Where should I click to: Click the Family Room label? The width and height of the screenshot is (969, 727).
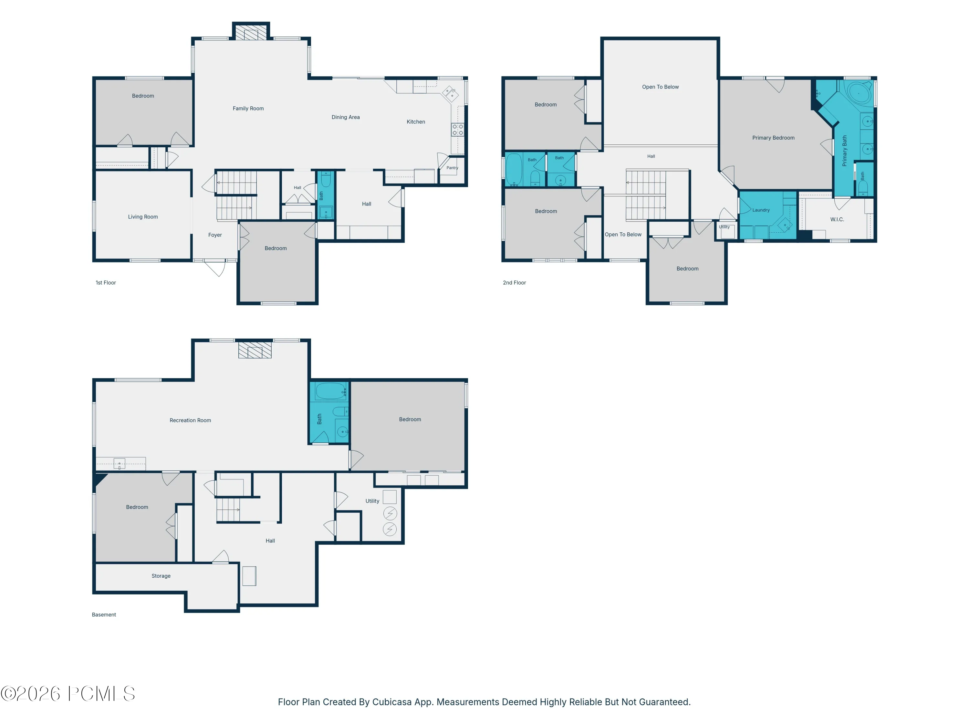(248, 108)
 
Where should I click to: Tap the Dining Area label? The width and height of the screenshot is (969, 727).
(346, 117)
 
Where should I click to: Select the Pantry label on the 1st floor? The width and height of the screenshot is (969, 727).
(453, 168)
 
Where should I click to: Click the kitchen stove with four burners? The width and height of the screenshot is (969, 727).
(458, 130)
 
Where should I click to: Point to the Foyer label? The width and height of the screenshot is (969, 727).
(215, 235)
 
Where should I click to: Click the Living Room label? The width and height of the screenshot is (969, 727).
(143, 216)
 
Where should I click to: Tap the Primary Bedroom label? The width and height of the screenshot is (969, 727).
(773, 138)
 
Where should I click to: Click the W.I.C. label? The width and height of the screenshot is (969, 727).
(837, 219)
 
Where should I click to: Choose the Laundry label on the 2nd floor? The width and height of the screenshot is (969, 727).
(761, 210)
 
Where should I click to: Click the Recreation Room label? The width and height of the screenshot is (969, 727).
(190, 420)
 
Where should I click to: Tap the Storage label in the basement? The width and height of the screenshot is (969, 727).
(161, 576)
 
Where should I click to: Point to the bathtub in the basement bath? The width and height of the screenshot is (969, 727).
(331, 391)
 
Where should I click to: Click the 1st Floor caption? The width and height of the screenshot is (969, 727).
(106, 283)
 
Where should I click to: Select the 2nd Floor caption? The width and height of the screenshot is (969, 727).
(514, 283)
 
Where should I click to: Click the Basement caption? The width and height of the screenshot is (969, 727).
(104, 615)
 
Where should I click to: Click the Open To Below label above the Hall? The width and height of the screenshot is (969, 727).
(660, 87)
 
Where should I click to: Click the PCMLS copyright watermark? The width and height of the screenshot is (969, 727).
(68, 694)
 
